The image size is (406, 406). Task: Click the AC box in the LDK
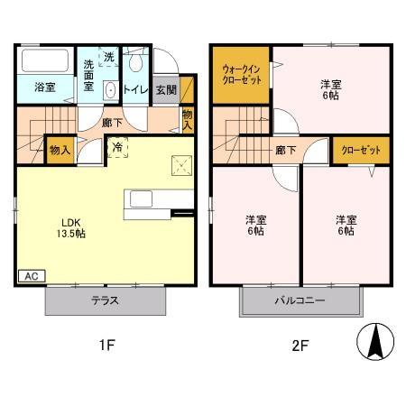click(29, 276)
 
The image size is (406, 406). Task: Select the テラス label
click(106, 301)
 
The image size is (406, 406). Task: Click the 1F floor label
click(106, 344)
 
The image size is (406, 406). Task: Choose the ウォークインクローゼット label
click(241, 73)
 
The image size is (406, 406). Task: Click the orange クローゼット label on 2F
click(361, 151)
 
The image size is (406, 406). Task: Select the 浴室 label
click(46, 88)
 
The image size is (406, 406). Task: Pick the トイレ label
click(135, 89)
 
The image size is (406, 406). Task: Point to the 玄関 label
click(165, 89)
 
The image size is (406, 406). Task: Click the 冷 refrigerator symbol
click(118, 146)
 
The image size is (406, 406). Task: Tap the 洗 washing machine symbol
click(108, 57)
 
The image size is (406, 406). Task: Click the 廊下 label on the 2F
click(285, 151)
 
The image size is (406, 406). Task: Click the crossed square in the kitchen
click(180, 164)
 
